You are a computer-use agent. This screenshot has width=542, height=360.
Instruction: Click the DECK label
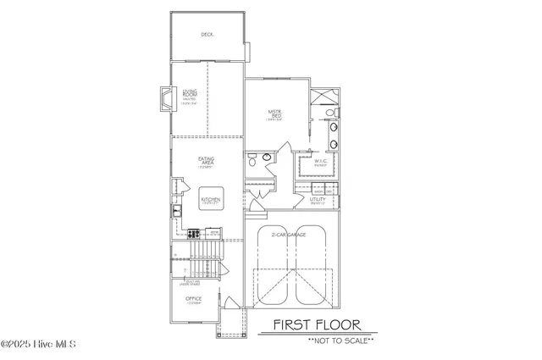(207, 35)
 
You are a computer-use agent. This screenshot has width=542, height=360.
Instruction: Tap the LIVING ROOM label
(189, 95)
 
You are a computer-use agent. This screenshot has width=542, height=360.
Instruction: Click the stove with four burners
(192, 233)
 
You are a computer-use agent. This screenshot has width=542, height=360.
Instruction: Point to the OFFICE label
(192, 299)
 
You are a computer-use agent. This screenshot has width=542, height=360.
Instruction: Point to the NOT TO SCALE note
(318, 340)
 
